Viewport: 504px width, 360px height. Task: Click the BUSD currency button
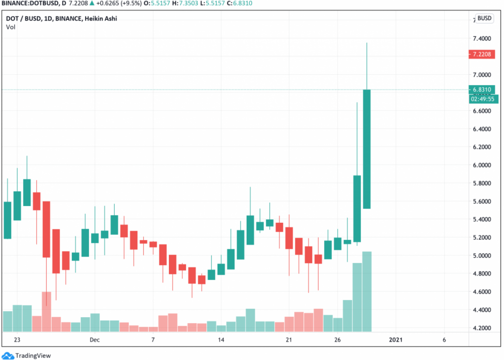tap(485, 19)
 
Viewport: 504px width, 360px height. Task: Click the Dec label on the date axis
tap(94, 340)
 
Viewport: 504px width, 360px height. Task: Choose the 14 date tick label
tap(221, 340)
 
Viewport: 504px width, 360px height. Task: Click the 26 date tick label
tap(338, 340)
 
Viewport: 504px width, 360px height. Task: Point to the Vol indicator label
tap(10, 27)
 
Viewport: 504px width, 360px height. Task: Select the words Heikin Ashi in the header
tap(100, 19)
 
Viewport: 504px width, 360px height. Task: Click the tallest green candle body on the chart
tap(367, 149)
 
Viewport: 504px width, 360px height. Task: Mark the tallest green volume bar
tap(367, 291)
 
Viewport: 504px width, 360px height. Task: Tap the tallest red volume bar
tap(46, 311)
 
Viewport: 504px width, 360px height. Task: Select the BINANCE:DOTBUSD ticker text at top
tap(29, 4)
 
